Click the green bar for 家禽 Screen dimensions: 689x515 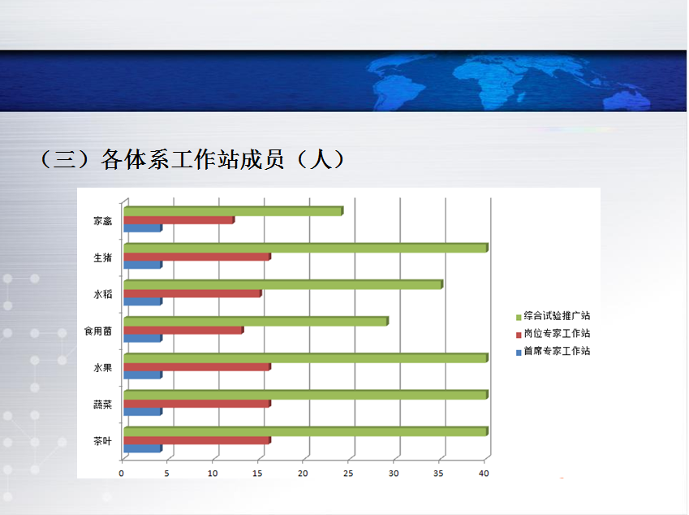[x=234, y=211]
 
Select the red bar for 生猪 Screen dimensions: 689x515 [x=197, y=257]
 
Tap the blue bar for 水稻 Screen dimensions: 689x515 [x=143, y=301]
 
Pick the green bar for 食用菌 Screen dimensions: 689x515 [x=256, y=321]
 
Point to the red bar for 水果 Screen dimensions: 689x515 [x=197, y=366]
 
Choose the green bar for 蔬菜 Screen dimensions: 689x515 [x=306, y=395]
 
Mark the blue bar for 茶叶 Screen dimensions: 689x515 [x=143, y=448]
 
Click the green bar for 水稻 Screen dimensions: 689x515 [x=283, y=284]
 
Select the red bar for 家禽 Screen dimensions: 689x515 [x=179, y=220]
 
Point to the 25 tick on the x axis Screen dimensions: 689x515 [x=348, y=474]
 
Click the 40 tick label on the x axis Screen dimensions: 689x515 [x=484, y=474]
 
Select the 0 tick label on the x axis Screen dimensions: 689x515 [x=121, y=474]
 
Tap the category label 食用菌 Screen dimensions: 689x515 [x=98, y=331]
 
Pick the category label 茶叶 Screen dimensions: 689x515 [x=103, y=441]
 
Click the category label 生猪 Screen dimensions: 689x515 [x=103, y=257]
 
